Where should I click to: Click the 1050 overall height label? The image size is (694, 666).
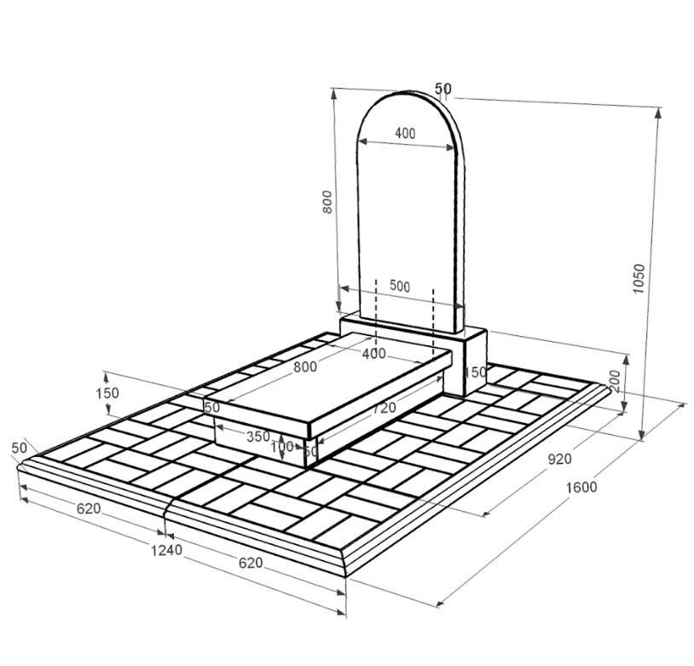pyautogui.click(x=639, y=278)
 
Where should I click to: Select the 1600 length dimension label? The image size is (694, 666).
pyautogui.click(x=581, y=487)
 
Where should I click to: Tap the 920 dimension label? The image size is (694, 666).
pyautogui.click(x=559, y=459)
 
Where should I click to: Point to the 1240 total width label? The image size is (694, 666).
pyautogui.click(x=166, y=550)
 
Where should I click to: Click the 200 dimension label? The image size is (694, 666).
pyautogui.click(x=616, y=381)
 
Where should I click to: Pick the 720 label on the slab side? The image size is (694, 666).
pyautogui.click(x=384, y=408)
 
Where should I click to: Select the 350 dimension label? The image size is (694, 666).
pyautogui.click(x=258, y=437)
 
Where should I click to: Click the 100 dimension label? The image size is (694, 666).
pyautogui.click(x=281, y=446)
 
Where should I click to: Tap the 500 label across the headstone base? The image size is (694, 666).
pyautogui.click(x=400, y=286)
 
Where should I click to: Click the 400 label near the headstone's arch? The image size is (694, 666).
pyautogui.click(x=405, y=133)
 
